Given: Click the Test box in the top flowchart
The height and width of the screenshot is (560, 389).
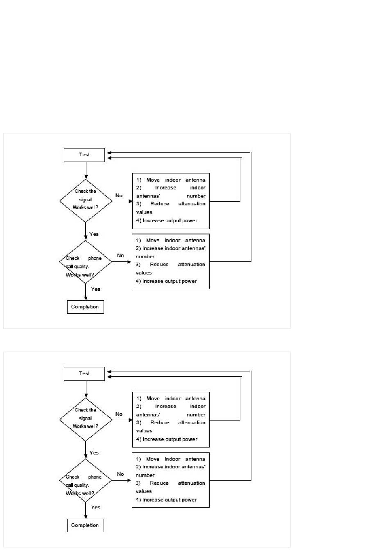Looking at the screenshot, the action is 84,155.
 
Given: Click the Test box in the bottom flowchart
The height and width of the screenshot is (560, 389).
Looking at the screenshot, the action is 84,374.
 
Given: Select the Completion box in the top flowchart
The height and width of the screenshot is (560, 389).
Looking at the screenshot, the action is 85,307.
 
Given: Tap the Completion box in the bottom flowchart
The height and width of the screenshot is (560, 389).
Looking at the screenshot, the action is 85,526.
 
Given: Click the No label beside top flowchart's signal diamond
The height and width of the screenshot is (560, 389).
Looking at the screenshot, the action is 119,196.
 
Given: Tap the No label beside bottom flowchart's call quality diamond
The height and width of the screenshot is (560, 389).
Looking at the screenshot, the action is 120,474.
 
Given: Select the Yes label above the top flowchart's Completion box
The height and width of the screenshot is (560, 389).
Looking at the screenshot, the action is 96,289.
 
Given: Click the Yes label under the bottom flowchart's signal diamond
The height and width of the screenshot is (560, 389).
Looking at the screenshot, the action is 94,453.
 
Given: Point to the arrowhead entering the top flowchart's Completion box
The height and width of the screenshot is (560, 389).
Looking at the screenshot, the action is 86,299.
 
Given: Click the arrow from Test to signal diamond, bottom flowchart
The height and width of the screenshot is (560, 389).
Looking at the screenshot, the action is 86,389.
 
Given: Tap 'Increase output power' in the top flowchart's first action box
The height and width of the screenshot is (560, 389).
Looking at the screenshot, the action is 170,220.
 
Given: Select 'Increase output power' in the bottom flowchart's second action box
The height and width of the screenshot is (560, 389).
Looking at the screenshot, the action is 170,500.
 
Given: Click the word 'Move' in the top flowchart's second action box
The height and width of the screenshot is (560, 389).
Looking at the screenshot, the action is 153,241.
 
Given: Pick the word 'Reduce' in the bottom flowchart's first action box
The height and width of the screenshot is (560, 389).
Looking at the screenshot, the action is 160,423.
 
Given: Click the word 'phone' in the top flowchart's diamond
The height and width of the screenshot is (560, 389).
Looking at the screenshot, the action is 95,258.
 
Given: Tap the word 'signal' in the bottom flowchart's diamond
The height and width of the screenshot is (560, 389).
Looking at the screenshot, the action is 85,418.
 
